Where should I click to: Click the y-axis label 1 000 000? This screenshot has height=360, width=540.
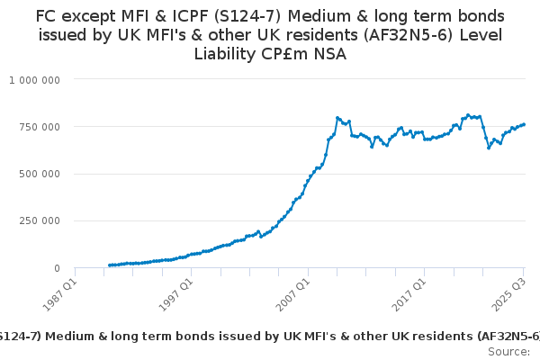pos(35,80)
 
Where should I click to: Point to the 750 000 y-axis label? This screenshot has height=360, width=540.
pos(40,127)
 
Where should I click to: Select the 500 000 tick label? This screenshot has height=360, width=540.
pos(40,174)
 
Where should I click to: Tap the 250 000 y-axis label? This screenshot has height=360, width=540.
pos(40,220)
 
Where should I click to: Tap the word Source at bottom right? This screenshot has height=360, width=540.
pos(508,351)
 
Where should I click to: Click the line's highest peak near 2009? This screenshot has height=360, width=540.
pos(337,117)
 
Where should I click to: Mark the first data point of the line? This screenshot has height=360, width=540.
pos(109,265)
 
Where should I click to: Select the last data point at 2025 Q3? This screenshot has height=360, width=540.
pos(524,124)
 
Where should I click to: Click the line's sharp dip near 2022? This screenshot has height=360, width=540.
pos(489,147)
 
